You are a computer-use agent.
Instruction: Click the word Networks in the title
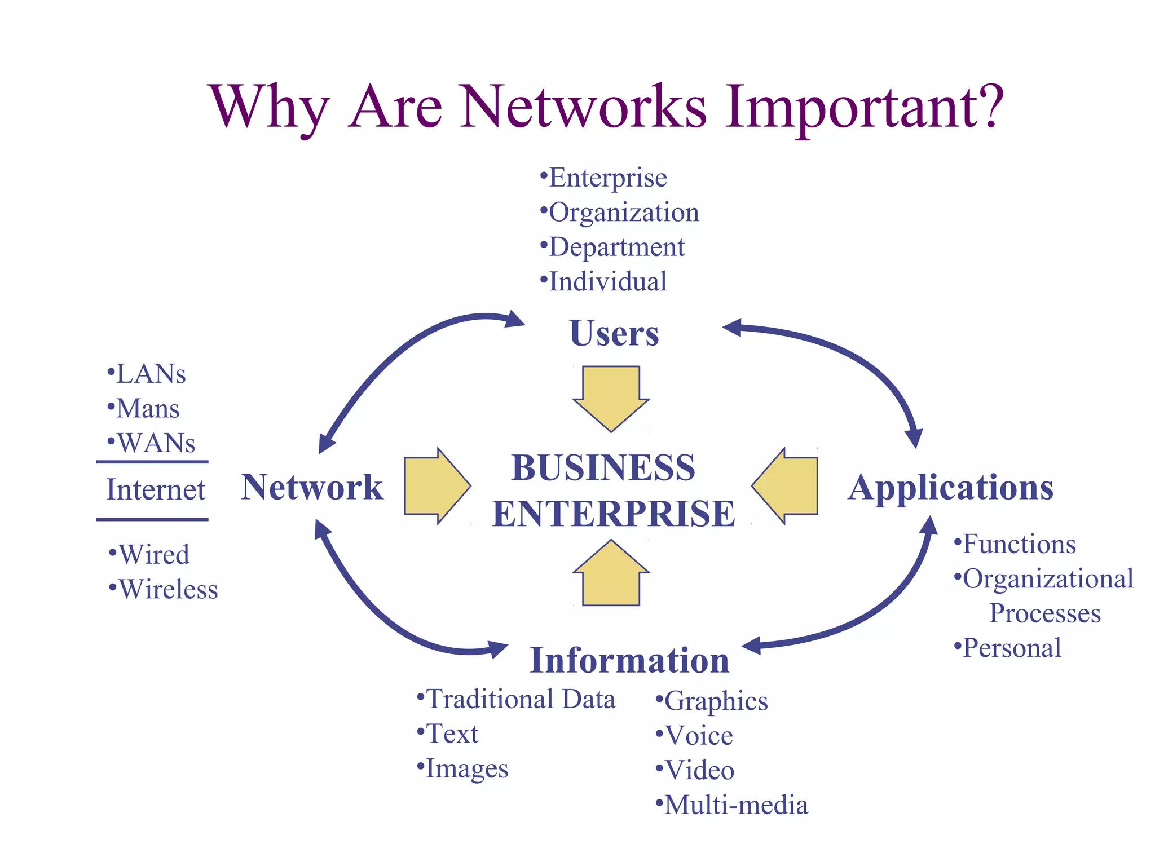tap(583, 107)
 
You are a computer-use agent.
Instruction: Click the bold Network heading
tap(312, 487)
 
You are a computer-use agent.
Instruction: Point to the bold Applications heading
tap(951, 487)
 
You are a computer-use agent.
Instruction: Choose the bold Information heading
tap(629, 660)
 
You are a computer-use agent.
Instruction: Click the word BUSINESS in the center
tap(603, 467)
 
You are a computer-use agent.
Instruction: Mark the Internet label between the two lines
tap(156, 489)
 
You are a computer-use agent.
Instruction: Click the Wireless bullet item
tap(168, 590)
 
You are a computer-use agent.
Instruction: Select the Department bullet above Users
tap(616, 248)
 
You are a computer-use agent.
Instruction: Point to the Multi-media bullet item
tap(736, 805)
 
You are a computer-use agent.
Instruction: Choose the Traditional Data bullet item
tap(520, 700)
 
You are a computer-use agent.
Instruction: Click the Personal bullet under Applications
tap(1011, 648)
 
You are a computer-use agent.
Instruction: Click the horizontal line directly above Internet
tap(152, 462)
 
